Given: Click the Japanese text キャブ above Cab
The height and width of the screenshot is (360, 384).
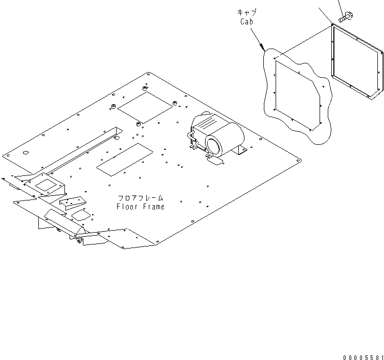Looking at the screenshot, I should coord(247,12).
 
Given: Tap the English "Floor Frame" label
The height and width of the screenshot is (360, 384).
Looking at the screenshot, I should coord(141,207).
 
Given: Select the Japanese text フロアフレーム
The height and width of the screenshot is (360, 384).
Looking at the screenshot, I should coord(141,198).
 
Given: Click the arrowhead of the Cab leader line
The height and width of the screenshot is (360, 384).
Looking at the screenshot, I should coord(262,48).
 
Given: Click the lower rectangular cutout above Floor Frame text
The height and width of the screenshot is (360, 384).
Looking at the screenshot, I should coord(125,158).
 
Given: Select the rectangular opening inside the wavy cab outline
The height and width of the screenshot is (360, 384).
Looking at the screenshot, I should coord(297,91).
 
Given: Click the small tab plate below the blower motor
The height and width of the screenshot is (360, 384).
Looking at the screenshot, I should coord(215,161).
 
